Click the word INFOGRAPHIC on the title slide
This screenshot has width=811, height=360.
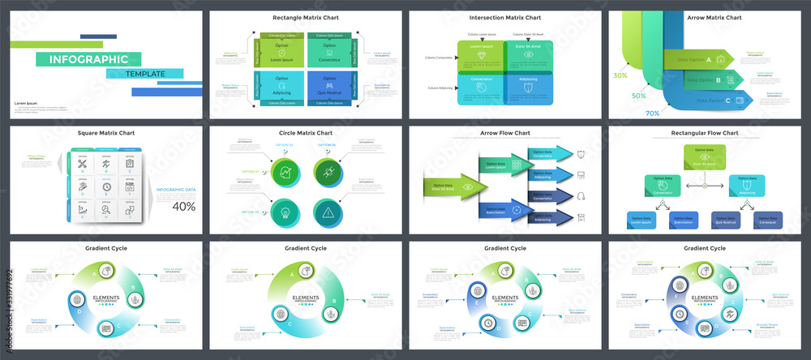point(88,59)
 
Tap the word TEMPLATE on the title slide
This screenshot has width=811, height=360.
point(144,74)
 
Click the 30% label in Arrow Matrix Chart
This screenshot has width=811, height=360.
point(620,75)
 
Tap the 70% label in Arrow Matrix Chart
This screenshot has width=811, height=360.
point(651,114)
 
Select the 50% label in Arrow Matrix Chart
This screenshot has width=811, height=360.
point(638,96)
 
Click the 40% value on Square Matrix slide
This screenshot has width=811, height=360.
point(183,206)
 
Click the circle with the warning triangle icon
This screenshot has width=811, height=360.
point(328,213)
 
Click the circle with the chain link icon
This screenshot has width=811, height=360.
point(328,171)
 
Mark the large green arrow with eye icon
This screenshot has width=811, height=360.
point(454,186)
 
